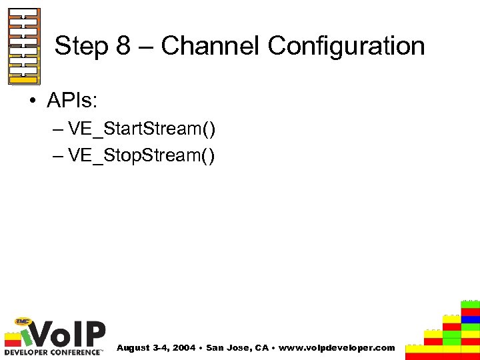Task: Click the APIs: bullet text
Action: click(x=72, y=101)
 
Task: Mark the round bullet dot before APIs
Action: click(x=34, y=102)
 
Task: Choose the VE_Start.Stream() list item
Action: click(x=141, y=129)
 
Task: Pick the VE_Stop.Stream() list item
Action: click(x=141, y=155)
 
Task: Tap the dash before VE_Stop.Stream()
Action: click(x=57, y=156)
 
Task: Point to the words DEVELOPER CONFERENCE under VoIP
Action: click(x=53, y=351)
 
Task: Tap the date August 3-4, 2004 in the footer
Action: click(x=156, y=348)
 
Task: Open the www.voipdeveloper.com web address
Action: click(x=336, y=348)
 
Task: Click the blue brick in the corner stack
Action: click(x=471, y=319)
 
